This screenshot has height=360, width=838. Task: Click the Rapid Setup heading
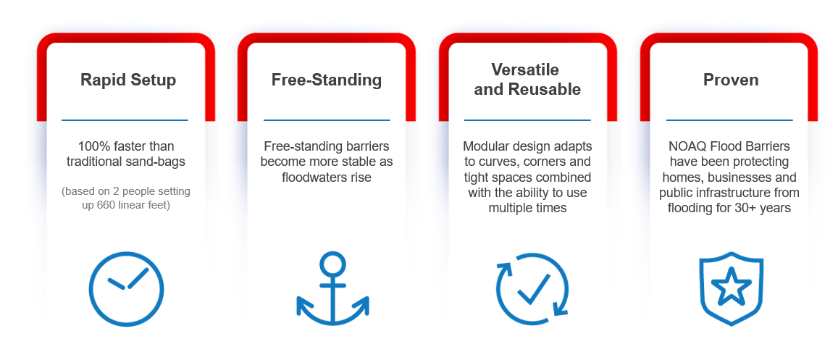click(128, 80)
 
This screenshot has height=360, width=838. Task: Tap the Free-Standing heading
click(327, 80)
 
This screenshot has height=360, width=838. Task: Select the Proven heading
click(731, 80)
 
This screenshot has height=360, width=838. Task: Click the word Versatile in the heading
click(526, 70)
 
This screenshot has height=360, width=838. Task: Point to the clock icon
click(127, 289)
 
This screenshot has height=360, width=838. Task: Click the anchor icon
click(332, 289)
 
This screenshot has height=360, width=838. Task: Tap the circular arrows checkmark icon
click(532, 289)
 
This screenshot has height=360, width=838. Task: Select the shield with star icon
click(732, 289)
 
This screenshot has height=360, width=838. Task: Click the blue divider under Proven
click(729, 120)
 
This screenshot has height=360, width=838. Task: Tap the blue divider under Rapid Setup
click(125, 120)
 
